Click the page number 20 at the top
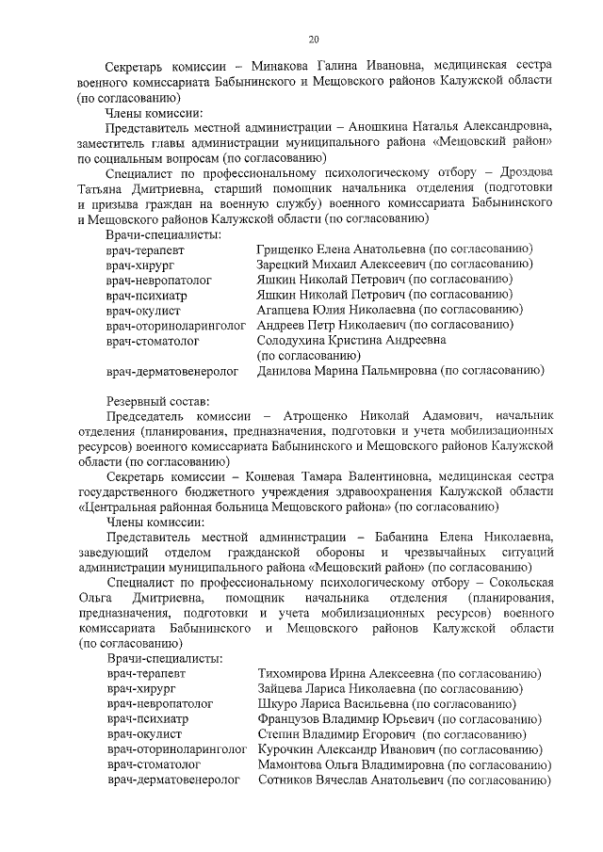313,39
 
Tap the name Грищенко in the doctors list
285,249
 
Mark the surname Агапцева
285,310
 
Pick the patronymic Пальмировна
394,371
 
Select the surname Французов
291,719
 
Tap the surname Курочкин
288,749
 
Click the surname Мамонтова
291,764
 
